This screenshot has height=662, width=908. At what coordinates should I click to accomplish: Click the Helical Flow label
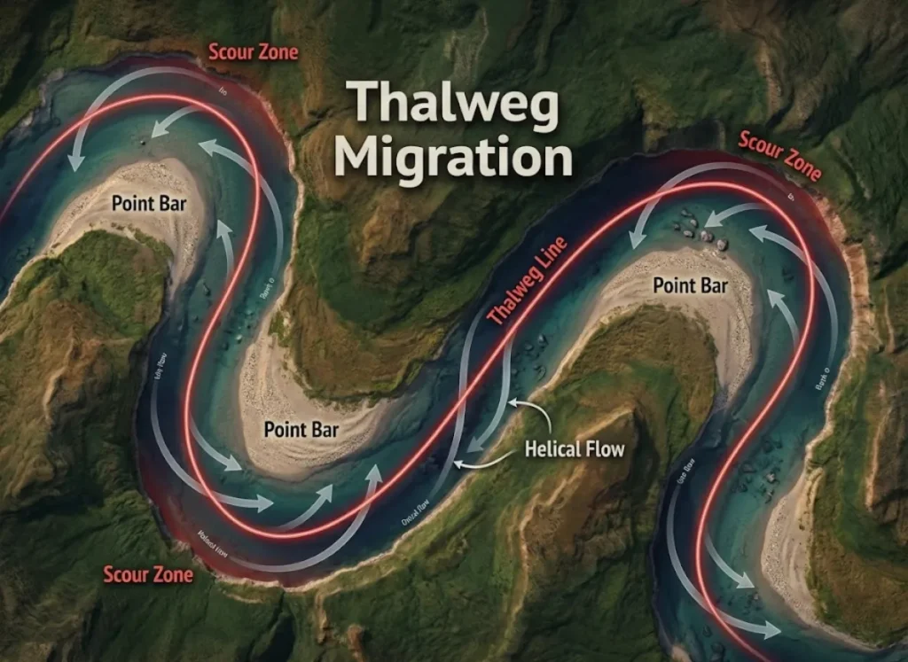(575, 448)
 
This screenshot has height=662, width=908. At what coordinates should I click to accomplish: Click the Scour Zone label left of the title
(254, 51)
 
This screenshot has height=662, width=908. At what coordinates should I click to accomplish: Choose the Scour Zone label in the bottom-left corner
(148, 573)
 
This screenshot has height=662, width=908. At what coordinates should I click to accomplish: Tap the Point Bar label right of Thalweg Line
(690, 284)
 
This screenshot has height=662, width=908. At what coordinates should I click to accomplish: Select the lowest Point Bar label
(301, 430)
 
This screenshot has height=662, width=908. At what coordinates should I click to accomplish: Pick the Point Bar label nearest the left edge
(148, 202)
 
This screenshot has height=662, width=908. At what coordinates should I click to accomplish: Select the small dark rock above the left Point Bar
(144, 141)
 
